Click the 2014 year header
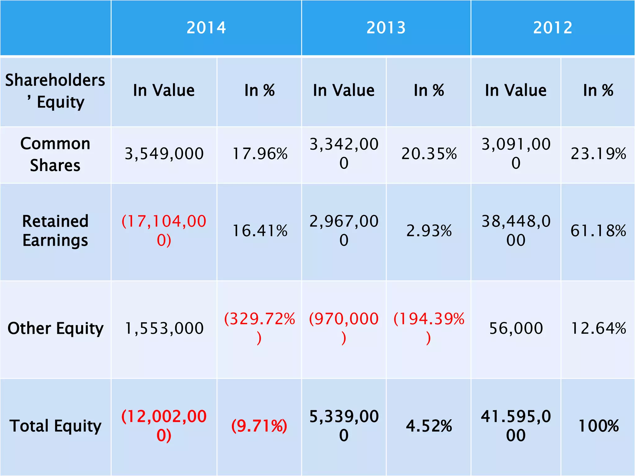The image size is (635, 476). point(206,28)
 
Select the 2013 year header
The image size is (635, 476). point(386,28)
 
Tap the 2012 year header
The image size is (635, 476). point(553,28)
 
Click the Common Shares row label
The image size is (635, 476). point(55,154)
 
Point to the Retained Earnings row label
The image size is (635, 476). point(55,231)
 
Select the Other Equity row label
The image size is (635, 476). point(55,328)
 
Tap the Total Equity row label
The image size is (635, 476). point(55,426)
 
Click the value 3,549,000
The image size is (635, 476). point(164,154)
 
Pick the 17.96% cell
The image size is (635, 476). point(260,154)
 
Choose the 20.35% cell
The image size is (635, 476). point(429,154)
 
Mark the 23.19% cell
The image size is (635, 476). point(598,154)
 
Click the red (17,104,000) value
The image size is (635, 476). point(164,231)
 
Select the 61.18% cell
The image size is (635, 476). point(598,231)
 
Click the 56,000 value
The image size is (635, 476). point(516,328)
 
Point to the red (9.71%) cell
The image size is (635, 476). point(260,426)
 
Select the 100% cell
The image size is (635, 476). point(598,426)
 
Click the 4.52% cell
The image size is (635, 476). point(429,426)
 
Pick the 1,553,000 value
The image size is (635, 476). point(164,328)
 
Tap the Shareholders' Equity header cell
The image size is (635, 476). point(55,91)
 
